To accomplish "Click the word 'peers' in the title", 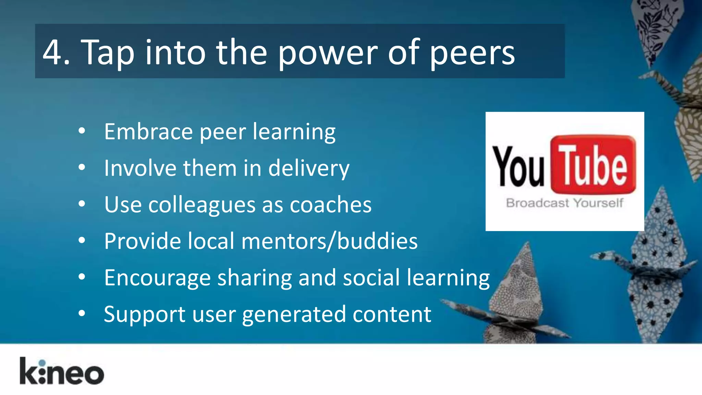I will pos(472,53).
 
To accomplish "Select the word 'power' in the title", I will pos(328,53).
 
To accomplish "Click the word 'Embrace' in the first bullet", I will pos(148,132).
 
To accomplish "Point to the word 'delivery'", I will pos(308,169).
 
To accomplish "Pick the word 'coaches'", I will pos(330,205).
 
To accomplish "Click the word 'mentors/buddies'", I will pos(329,241).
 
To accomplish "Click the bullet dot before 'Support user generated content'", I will pos(82,313).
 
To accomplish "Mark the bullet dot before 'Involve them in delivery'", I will pos(82,167).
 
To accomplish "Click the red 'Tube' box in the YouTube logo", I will pos(593,165).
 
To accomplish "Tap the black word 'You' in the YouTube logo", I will pos(518,167).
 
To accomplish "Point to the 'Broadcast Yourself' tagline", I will pos(564,203).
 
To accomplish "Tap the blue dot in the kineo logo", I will pos(42,363).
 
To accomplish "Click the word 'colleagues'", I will pos(202,205).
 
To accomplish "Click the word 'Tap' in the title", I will pos(107,53).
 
